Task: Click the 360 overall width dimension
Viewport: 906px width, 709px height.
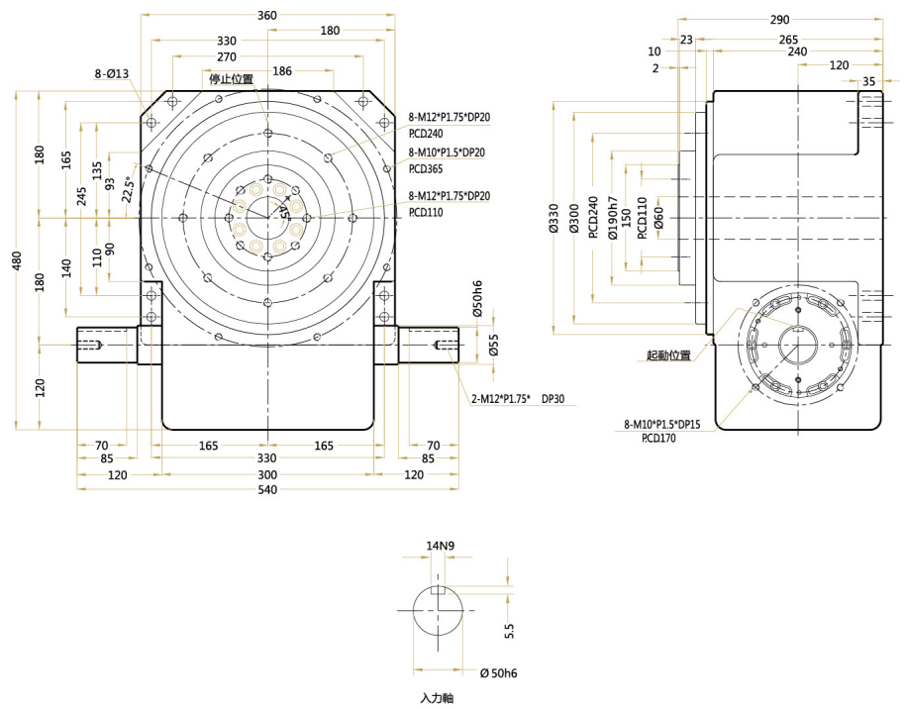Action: tap(266, 15)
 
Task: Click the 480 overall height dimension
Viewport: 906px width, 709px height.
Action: tap(17, 260)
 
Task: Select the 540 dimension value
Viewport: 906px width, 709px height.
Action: tap(266, 490)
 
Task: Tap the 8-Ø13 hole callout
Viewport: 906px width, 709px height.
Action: tap(111, 74)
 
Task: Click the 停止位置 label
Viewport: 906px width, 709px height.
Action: tap(230, 79)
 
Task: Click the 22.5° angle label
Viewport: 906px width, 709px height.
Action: tap(128, 189)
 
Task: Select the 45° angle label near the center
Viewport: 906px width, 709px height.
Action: tap(283, 209)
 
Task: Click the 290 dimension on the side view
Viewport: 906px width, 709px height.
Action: tap(779, 19)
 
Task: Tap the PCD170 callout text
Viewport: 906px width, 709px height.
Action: tap(658, 437)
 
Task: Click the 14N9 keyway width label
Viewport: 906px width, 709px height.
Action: tap(440, 546)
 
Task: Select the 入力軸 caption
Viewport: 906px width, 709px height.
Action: tap(436, 698)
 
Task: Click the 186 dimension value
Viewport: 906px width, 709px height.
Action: tap(282, 71)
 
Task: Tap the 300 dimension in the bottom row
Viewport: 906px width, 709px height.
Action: tap(266, 475)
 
